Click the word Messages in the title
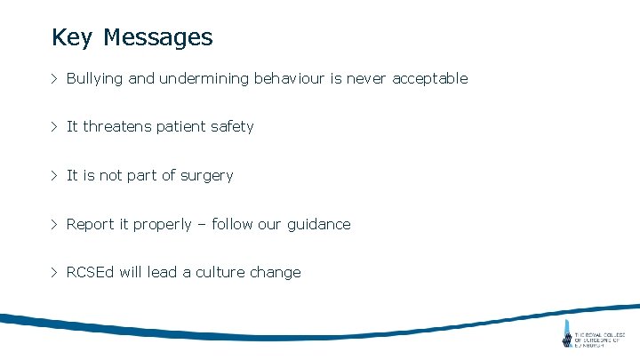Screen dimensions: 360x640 point(157,37)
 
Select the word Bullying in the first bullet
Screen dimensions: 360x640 point(95,79)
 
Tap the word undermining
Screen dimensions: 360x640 point(204,79)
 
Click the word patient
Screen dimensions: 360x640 point(181,127)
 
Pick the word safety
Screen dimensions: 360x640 point(232,127)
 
